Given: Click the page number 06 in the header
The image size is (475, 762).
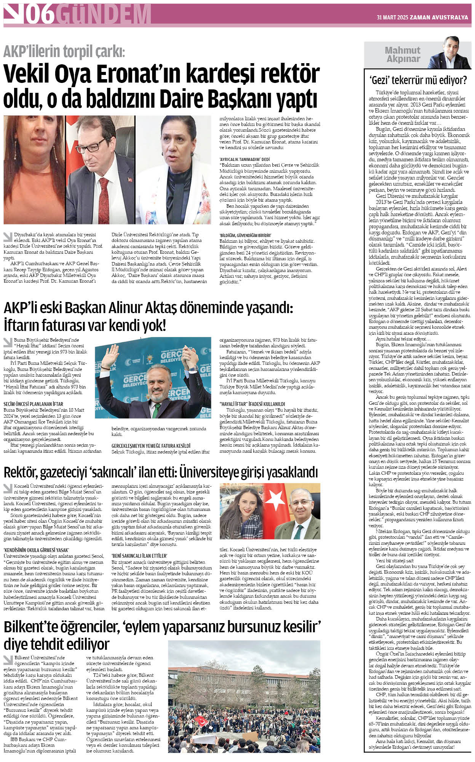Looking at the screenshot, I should (40, 15).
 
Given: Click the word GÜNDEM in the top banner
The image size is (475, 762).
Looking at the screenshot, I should (105, 15).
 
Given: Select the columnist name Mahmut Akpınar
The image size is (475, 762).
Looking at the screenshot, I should (402, 54).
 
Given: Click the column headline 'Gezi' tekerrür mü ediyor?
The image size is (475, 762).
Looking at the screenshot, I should (418, 80).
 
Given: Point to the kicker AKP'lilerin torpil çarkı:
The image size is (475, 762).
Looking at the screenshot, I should (64, 51).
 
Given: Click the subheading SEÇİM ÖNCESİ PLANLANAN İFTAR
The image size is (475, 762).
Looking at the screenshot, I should (33, 404).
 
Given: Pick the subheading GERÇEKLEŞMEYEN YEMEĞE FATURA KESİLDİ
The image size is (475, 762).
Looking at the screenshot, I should (151, 445).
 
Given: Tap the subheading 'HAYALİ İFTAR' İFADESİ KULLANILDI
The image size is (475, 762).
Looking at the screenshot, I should (252, 404).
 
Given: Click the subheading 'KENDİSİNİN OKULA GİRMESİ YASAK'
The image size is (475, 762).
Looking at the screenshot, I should (36, 550).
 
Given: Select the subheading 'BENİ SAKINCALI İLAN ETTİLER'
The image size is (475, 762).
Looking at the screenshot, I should (139, 556).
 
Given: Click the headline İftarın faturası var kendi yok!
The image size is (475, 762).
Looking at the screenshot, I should (85, 326).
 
